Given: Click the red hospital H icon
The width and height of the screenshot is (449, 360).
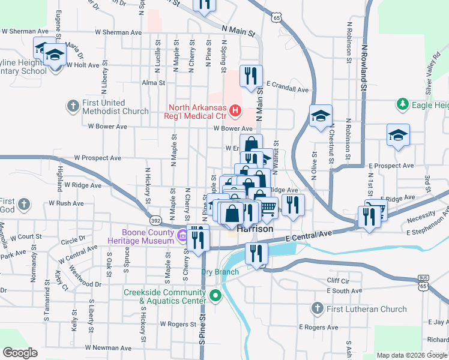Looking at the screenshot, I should tap(235, 111).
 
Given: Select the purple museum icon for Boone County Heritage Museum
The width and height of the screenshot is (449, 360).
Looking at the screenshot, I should tap(182, 236).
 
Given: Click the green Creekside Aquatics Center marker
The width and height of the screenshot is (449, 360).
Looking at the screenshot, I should tap(215, 296).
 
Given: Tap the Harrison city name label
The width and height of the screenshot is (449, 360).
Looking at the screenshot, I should tap(255, 229).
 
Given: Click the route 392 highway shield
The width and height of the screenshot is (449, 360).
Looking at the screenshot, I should tap(155, 220).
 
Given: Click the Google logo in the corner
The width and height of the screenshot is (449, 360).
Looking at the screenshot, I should tap(20, 353).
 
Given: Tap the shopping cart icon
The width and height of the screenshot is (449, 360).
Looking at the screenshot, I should tap(268, 208).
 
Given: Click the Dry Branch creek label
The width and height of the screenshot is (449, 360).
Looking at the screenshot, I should tap(220, 272).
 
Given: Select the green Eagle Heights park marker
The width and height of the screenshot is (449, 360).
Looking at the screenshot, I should tap(402, 105).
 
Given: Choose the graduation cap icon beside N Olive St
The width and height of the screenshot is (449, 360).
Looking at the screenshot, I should tap(321, 116).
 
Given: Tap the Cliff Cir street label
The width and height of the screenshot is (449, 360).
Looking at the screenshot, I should tap(338, 280).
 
